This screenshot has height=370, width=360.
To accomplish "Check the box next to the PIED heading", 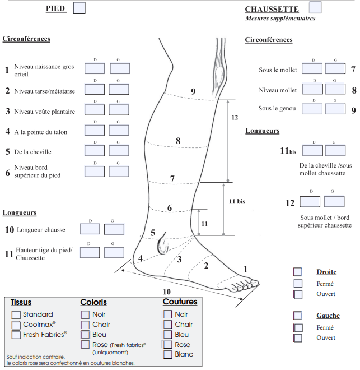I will (80, 8).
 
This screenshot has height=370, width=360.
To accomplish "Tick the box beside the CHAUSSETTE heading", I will (315, 8).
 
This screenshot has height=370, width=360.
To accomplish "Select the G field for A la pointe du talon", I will (119, 130).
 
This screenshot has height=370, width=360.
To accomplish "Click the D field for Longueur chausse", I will (90, 229).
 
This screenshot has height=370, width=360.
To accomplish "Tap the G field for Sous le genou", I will (335, 108).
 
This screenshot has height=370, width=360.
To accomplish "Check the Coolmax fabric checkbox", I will (16, 325).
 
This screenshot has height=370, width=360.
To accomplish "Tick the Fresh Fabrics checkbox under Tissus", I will (16, 335).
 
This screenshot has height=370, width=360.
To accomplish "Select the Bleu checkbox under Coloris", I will (85, 335).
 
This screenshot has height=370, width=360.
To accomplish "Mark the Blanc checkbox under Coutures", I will (167, 354).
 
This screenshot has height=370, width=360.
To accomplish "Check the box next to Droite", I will (298, 272).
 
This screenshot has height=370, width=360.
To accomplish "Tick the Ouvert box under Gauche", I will (298, 338).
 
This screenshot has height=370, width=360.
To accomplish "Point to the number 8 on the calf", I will (178, 141).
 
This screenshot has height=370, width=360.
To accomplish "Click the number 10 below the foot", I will (166, 292).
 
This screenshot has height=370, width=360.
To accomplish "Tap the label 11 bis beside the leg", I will (238, 200).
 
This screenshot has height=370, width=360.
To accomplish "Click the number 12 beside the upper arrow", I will (235, 118).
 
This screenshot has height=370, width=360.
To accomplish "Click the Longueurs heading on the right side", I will (262, 131).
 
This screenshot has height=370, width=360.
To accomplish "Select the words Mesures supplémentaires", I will (280, 18).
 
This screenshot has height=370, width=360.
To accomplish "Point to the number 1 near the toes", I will (245, 269).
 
